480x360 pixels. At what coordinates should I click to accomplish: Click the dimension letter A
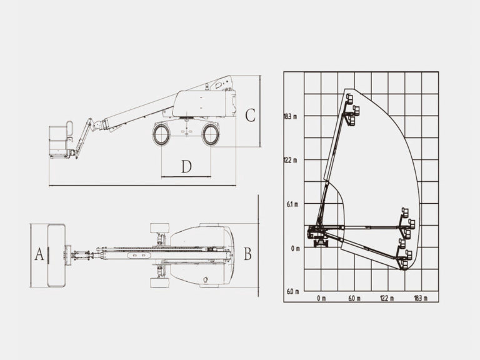(x=39, y=254)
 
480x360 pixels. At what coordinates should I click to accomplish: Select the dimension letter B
(x=247, y=254)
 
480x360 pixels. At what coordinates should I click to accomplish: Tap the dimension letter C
(x=249, y=116)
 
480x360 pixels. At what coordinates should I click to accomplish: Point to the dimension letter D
(x=186, y=166)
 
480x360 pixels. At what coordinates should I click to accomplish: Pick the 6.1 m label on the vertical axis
(x=291, y=204)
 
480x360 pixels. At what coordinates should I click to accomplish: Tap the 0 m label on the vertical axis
(x=294, y=248)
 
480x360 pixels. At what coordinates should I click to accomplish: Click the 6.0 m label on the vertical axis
(x=291, y=292)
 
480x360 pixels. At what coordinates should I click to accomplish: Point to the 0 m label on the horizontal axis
(x=321, y=298)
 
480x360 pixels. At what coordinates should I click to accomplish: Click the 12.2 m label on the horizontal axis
(x=387, y=298)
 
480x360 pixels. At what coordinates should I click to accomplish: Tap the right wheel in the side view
(x=211, y=134)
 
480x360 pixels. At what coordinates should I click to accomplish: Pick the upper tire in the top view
(x=159, y=227)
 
